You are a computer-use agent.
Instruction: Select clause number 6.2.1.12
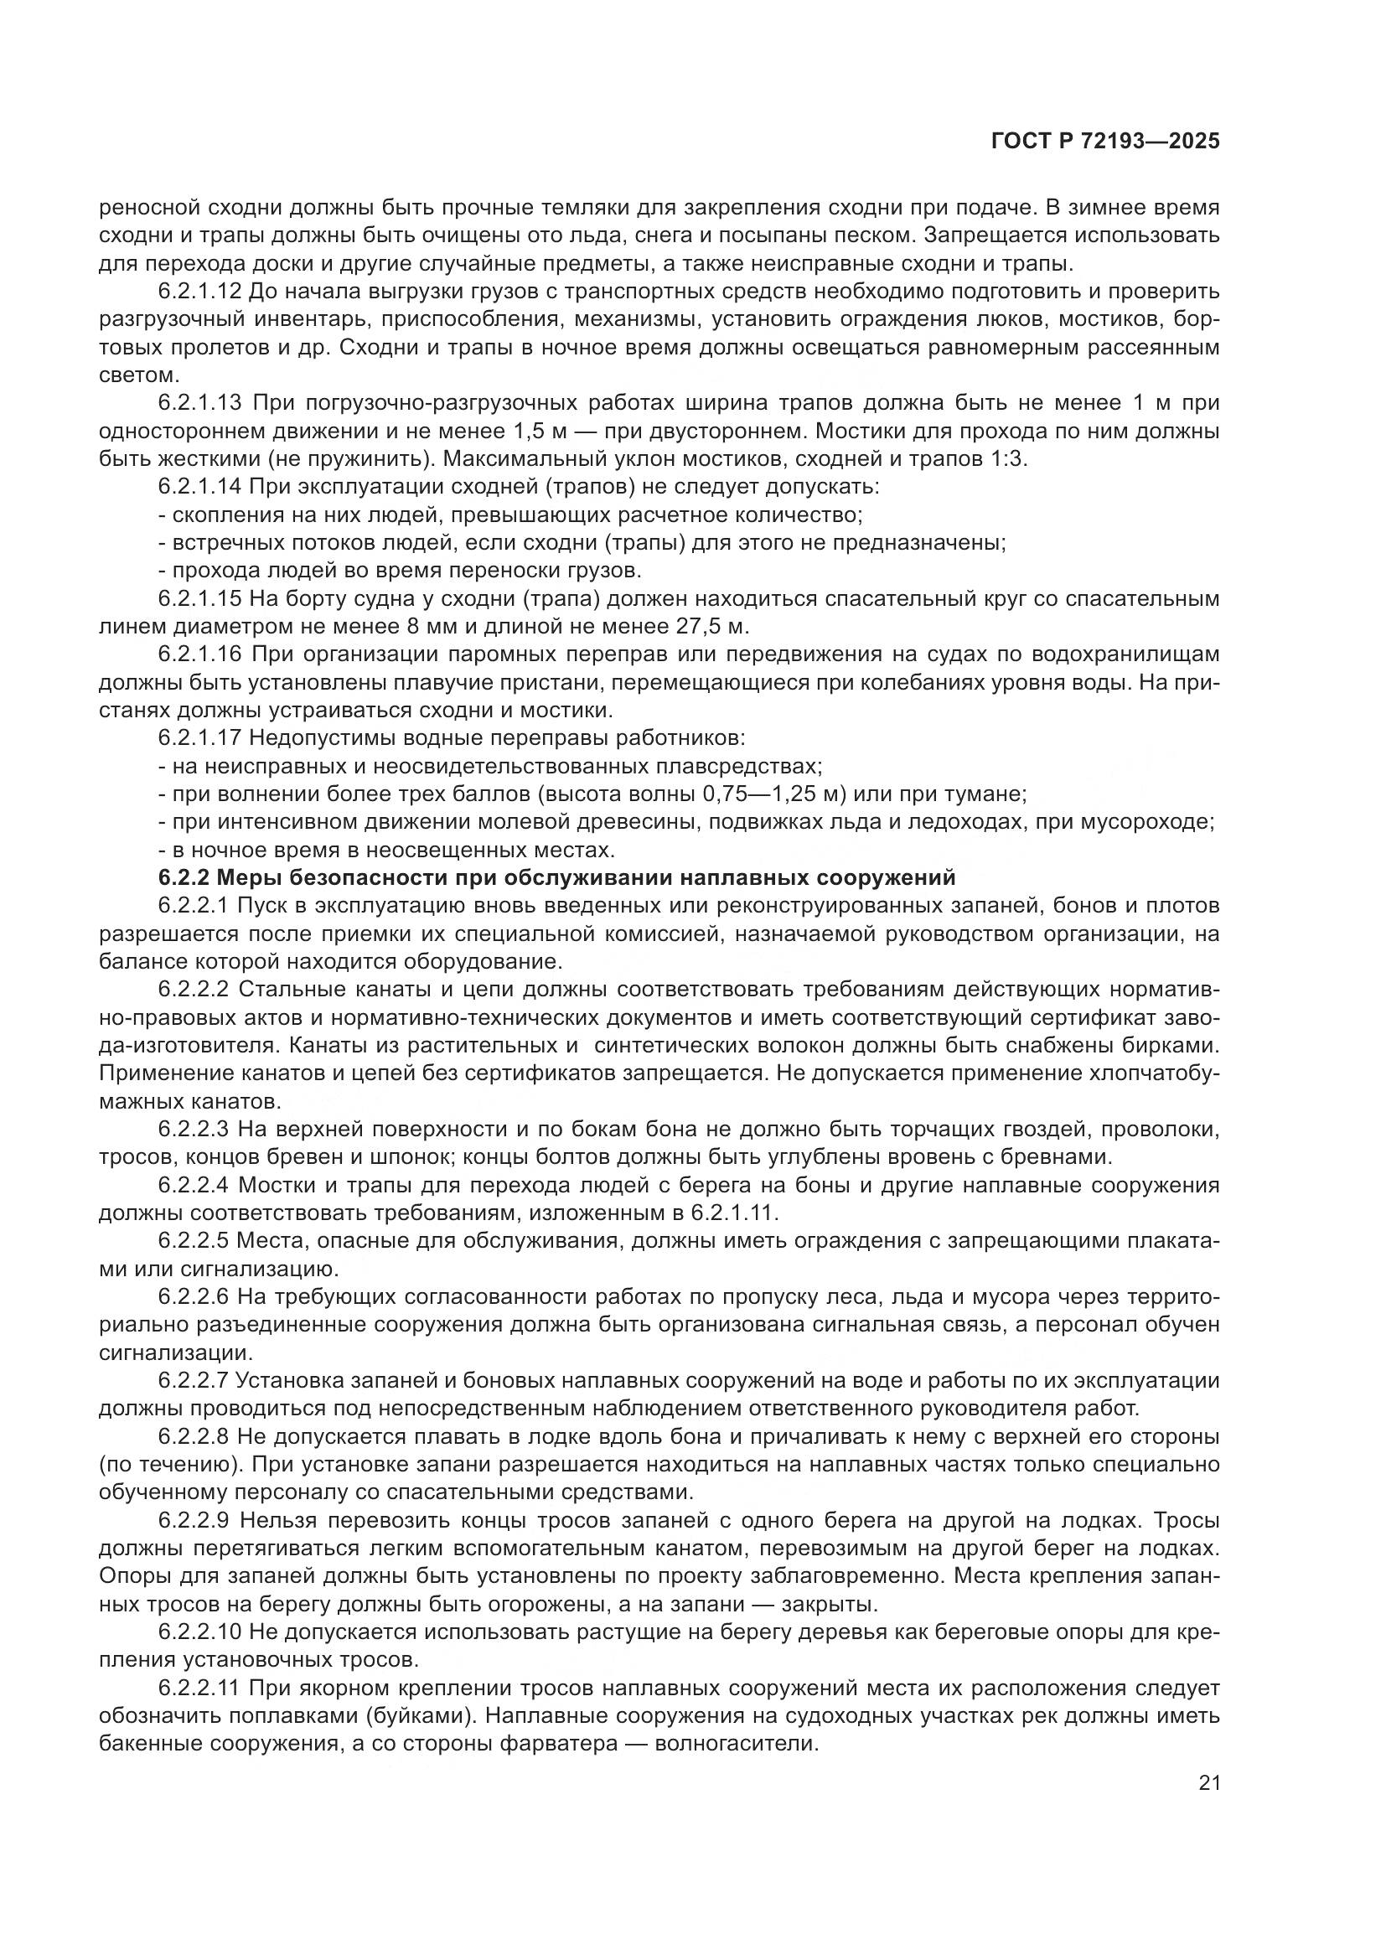coord(200,292)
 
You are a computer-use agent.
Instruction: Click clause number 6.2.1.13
coord(200,403)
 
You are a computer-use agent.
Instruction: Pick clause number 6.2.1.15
coord(200,599)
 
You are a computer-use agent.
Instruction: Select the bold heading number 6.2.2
coord(184,877)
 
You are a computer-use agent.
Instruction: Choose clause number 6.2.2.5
coord(194,1240)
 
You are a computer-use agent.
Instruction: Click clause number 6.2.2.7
coord(194,1380)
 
